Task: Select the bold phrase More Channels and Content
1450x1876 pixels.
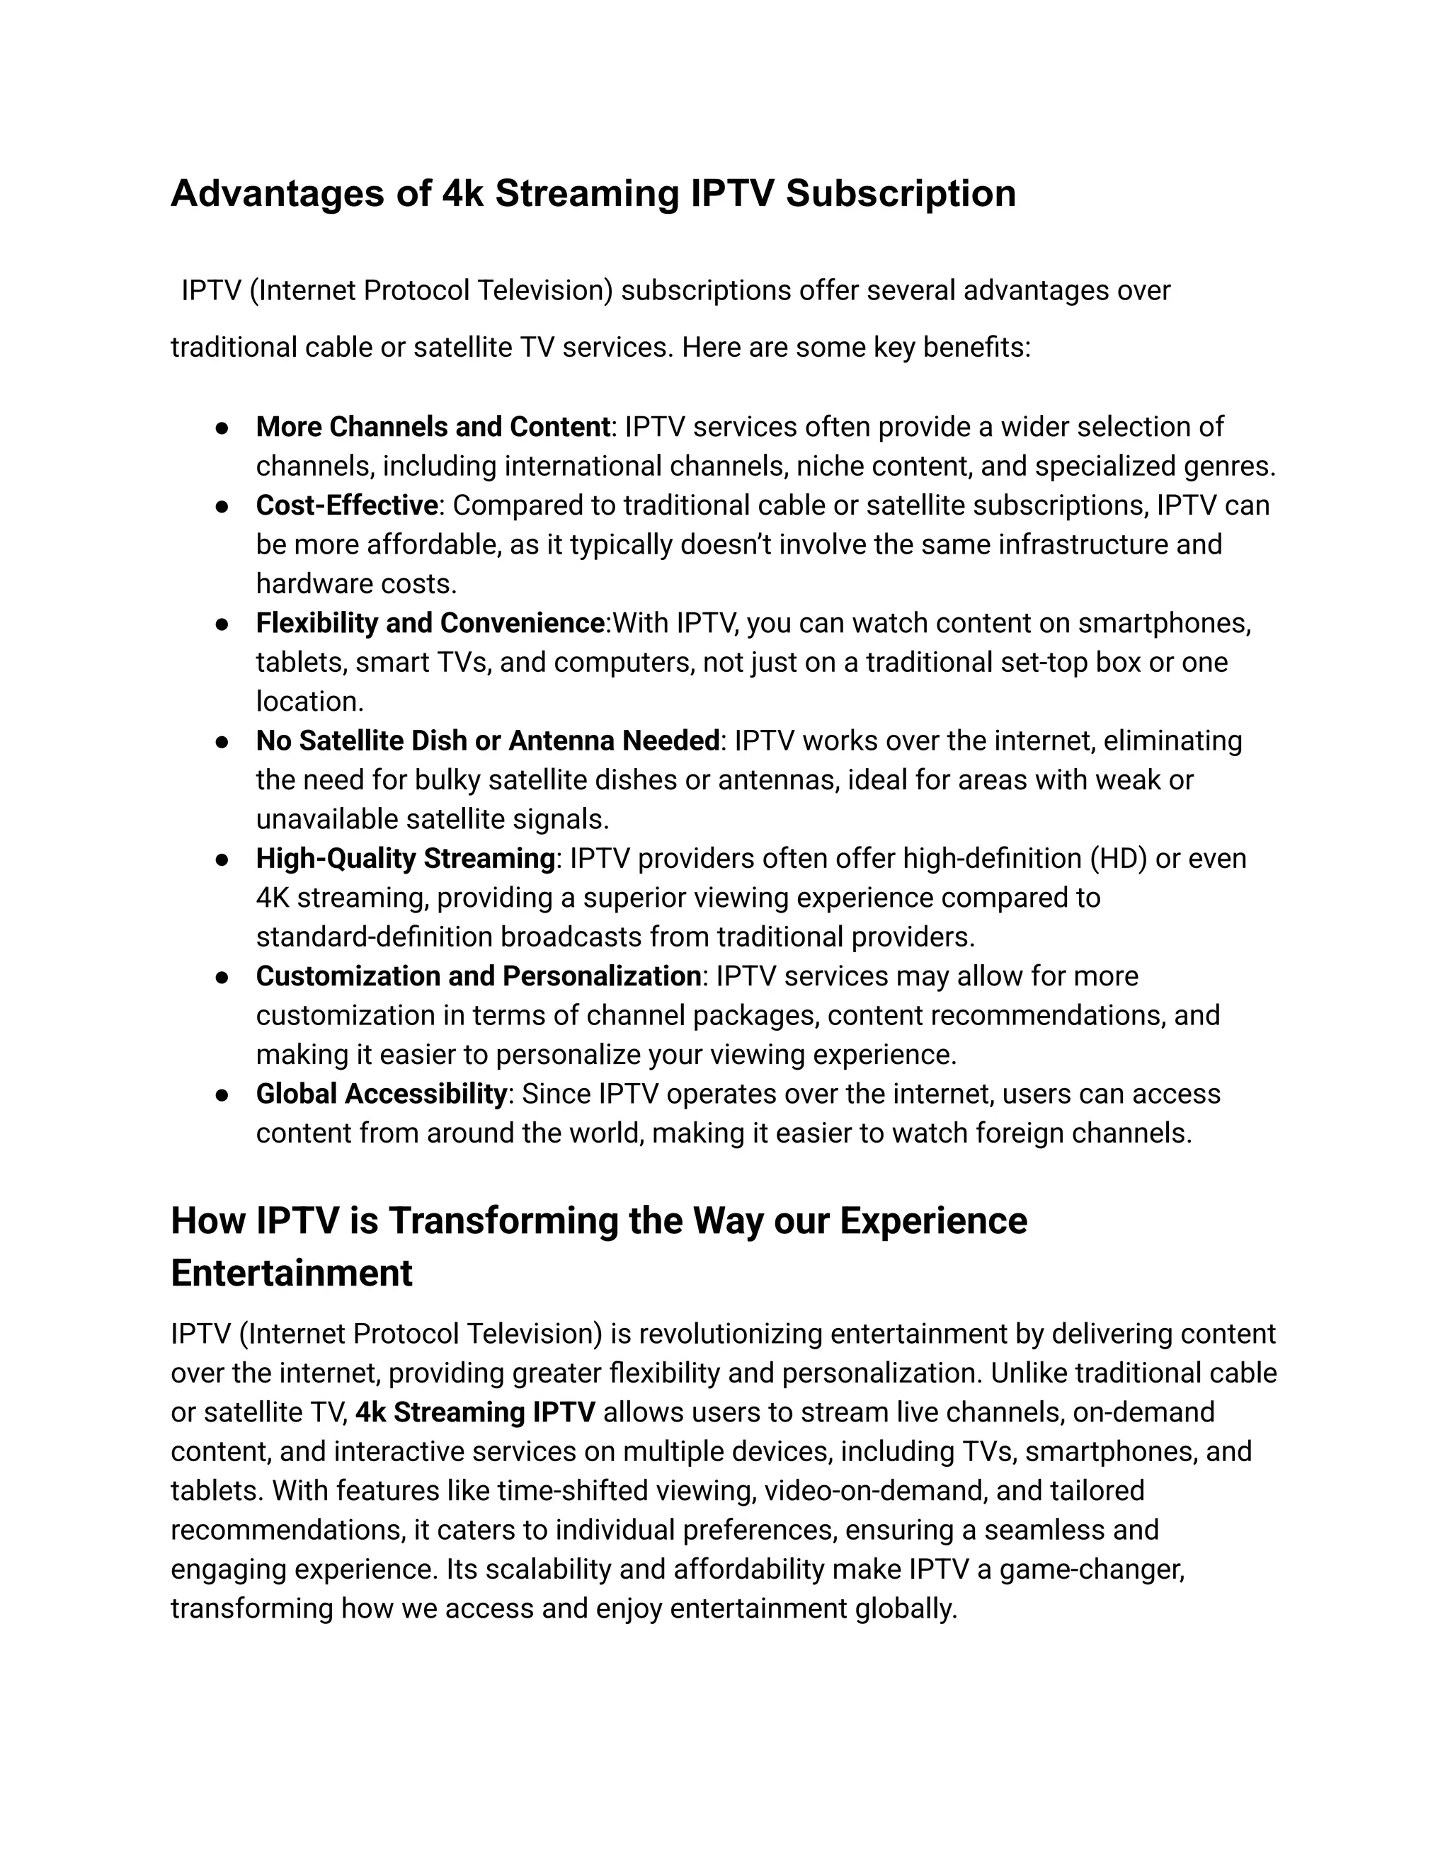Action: coord(432,427)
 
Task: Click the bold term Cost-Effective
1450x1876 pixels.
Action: coord(346,505)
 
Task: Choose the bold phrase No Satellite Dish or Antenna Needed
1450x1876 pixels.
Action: coord(487,740)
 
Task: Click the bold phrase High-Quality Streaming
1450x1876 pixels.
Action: coord(406,858)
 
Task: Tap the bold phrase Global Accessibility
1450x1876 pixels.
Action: coord(380,1094)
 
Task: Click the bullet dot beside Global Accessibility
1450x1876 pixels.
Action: coord(222,1095)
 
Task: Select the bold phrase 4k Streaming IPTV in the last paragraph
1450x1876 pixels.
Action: coord(475,1412)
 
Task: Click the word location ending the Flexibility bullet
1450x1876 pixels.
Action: coord(309,702)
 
